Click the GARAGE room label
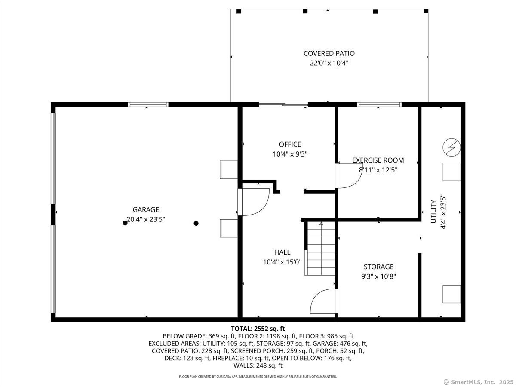[146, 209]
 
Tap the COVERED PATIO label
[329, 53]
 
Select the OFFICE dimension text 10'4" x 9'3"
[290, 154]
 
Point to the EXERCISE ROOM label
[378, 160]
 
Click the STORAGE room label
[378, 267]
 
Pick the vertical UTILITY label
[433, 212]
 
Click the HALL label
[282, 252]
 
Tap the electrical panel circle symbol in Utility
[451, 147]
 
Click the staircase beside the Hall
[321, 249]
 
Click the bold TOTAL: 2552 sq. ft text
[258, 329]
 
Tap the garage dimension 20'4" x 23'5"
[146, 219]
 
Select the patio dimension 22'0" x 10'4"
[329, 63]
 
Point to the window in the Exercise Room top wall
[379, 104]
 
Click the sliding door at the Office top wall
[283, 104]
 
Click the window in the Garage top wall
[148, 104]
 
